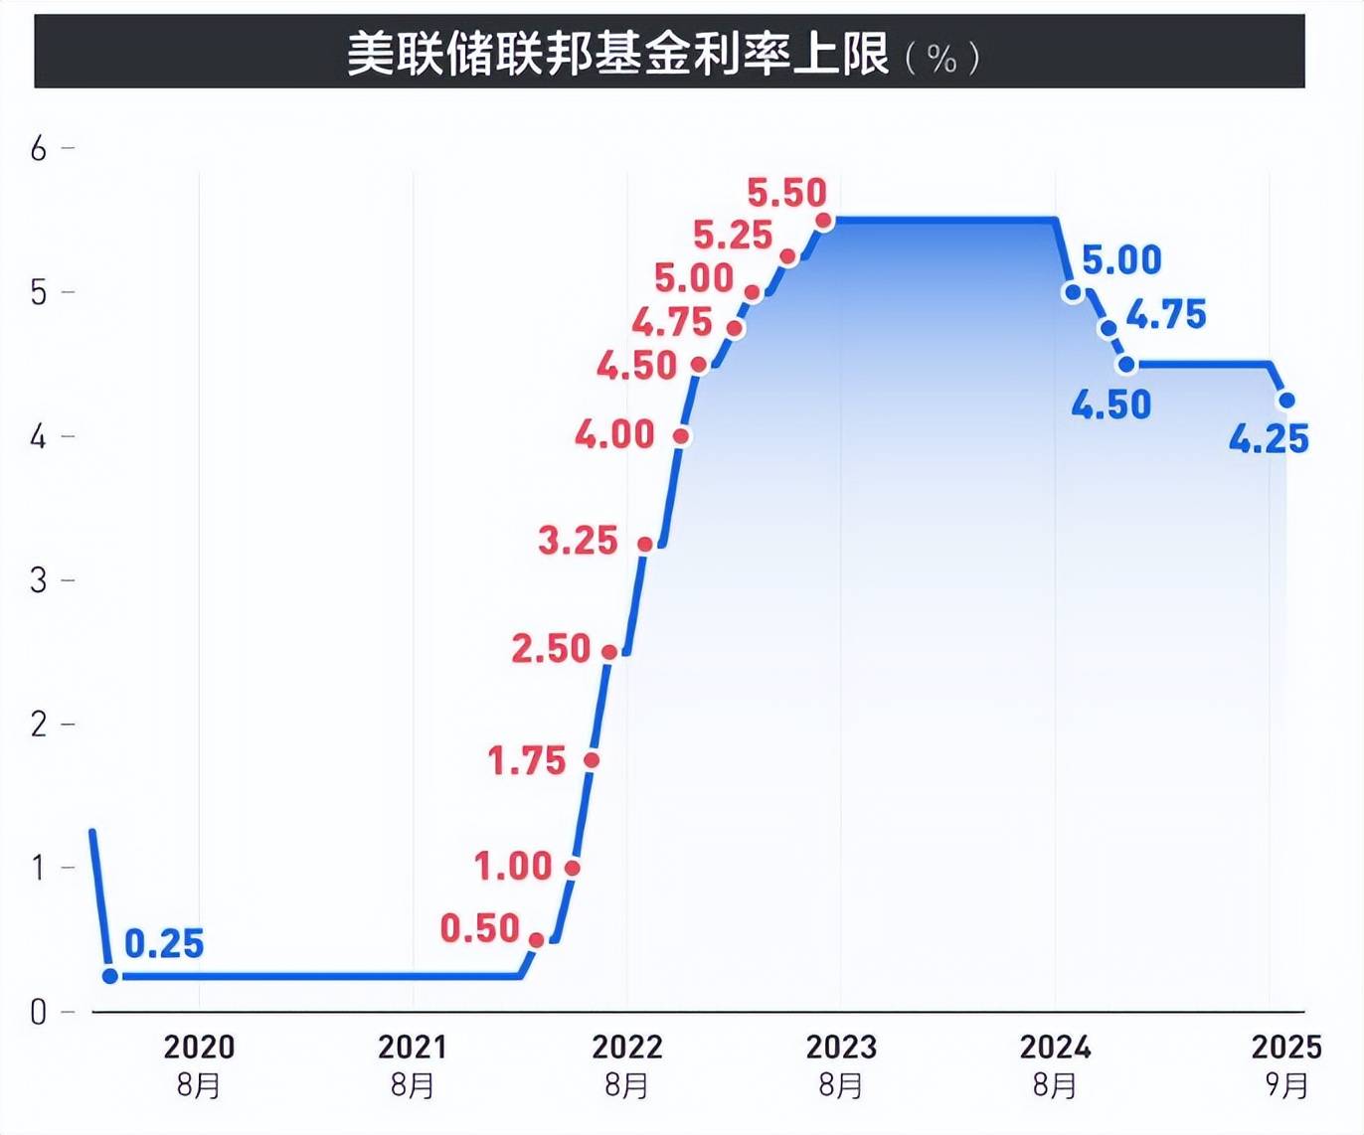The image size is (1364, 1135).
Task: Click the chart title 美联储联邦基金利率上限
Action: [617, 54]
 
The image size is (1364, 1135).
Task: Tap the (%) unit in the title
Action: [942, 58]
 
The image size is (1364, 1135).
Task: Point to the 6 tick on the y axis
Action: [39, 149]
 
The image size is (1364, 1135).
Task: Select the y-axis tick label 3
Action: [39, 580]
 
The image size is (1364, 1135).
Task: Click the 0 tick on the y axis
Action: [39, 1012]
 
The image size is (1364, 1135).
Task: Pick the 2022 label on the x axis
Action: [626, 1047]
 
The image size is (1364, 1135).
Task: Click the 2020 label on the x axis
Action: [199, 1047]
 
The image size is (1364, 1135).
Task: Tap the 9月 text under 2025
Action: [1286, 1085]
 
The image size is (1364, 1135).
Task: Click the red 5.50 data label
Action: [786, 192]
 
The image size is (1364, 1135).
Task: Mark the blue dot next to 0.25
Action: [110, 976]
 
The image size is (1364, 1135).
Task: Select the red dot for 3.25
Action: [645, 544]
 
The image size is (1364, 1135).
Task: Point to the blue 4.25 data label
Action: [1269, 438]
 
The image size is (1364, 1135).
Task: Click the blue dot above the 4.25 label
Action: [1286, 401]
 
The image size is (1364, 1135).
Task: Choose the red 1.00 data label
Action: [512, 866]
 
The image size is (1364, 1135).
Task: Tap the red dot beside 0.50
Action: [536, 940]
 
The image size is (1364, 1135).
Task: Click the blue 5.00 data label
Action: [1121, 260]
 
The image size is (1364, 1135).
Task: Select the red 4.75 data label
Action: [672, 322]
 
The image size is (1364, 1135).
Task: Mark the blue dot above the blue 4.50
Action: [1126, 365]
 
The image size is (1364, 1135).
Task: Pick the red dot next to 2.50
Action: [609, 652]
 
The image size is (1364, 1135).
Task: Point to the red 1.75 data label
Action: [526, 761]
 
